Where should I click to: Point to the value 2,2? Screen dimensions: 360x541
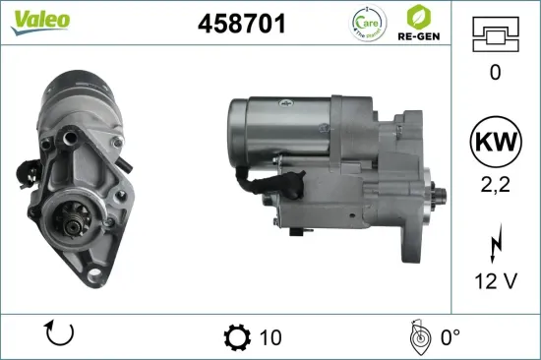tap(495, 182)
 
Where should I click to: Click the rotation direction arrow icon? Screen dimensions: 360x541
tap(60, 336)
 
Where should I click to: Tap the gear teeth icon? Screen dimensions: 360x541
tap(237, 337)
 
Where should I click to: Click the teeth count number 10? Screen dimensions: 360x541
tap(270, 338)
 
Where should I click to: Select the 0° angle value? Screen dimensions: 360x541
tap(450, 338)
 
